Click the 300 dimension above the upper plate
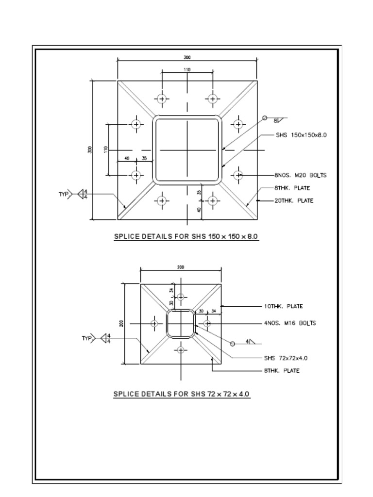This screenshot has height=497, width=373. pos(187,57)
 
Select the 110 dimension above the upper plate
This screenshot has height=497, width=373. pos(187,69)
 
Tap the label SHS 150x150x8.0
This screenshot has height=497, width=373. pos(301,135)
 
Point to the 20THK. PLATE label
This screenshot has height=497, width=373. pos(294,200)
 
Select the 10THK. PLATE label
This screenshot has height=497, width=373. pos(283,306)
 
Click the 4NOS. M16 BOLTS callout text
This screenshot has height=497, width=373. pos(290,323)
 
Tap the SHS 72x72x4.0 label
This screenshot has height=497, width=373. pos(286,358)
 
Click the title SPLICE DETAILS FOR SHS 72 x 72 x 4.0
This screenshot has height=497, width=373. pos(182,394)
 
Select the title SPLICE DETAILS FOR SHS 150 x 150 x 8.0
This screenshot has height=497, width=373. pos(186,236)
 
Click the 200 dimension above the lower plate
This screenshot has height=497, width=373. pos(181,267)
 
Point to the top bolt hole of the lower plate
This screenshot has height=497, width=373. pos(181,297)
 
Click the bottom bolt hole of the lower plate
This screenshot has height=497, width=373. pos(181,349)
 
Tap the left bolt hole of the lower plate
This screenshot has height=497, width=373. pos(154,323)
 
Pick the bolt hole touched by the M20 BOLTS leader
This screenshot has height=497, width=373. pos(238,175)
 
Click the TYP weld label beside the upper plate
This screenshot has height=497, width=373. pos(64,194)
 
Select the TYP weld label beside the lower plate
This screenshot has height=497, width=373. pos(86,338)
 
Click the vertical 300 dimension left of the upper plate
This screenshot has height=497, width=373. pos(89,150)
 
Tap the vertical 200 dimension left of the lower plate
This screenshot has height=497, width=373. pos(121,323)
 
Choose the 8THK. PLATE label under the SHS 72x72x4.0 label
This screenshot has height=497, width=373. pos(282,371)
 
